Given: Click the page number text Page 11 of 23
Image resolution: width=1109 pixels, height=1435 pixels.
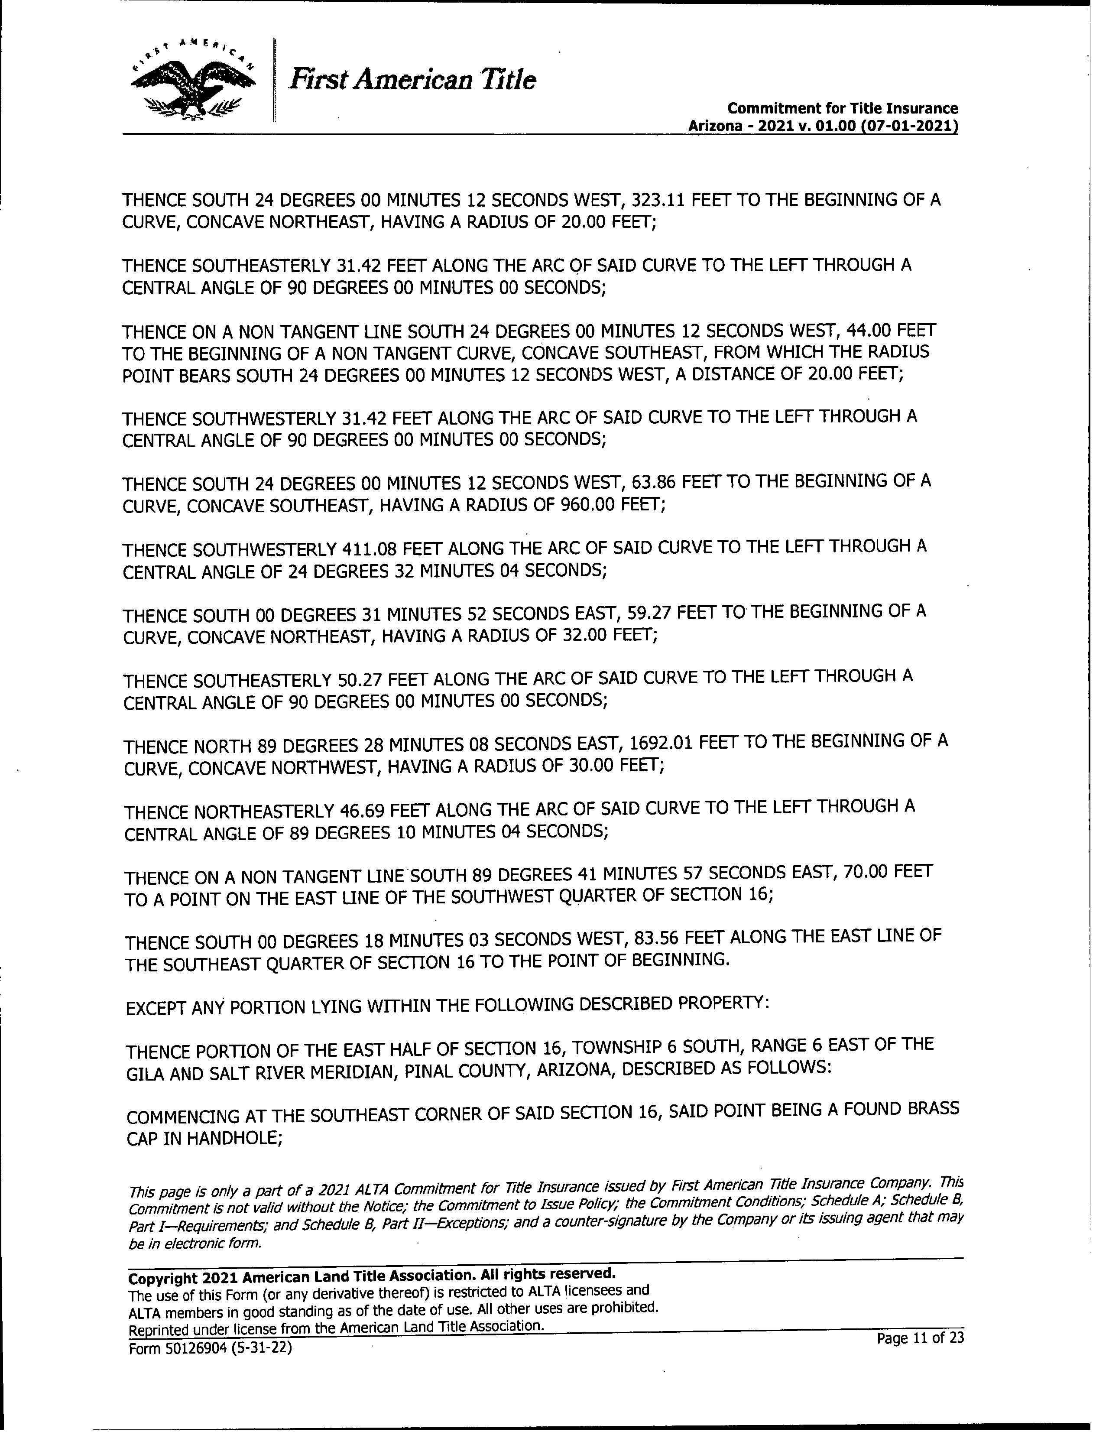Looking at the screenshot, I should (x=920, y=1338).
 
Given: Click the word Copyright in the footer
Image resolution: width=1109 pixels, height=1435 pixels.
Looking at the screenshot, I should (x=162, y=1278).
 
